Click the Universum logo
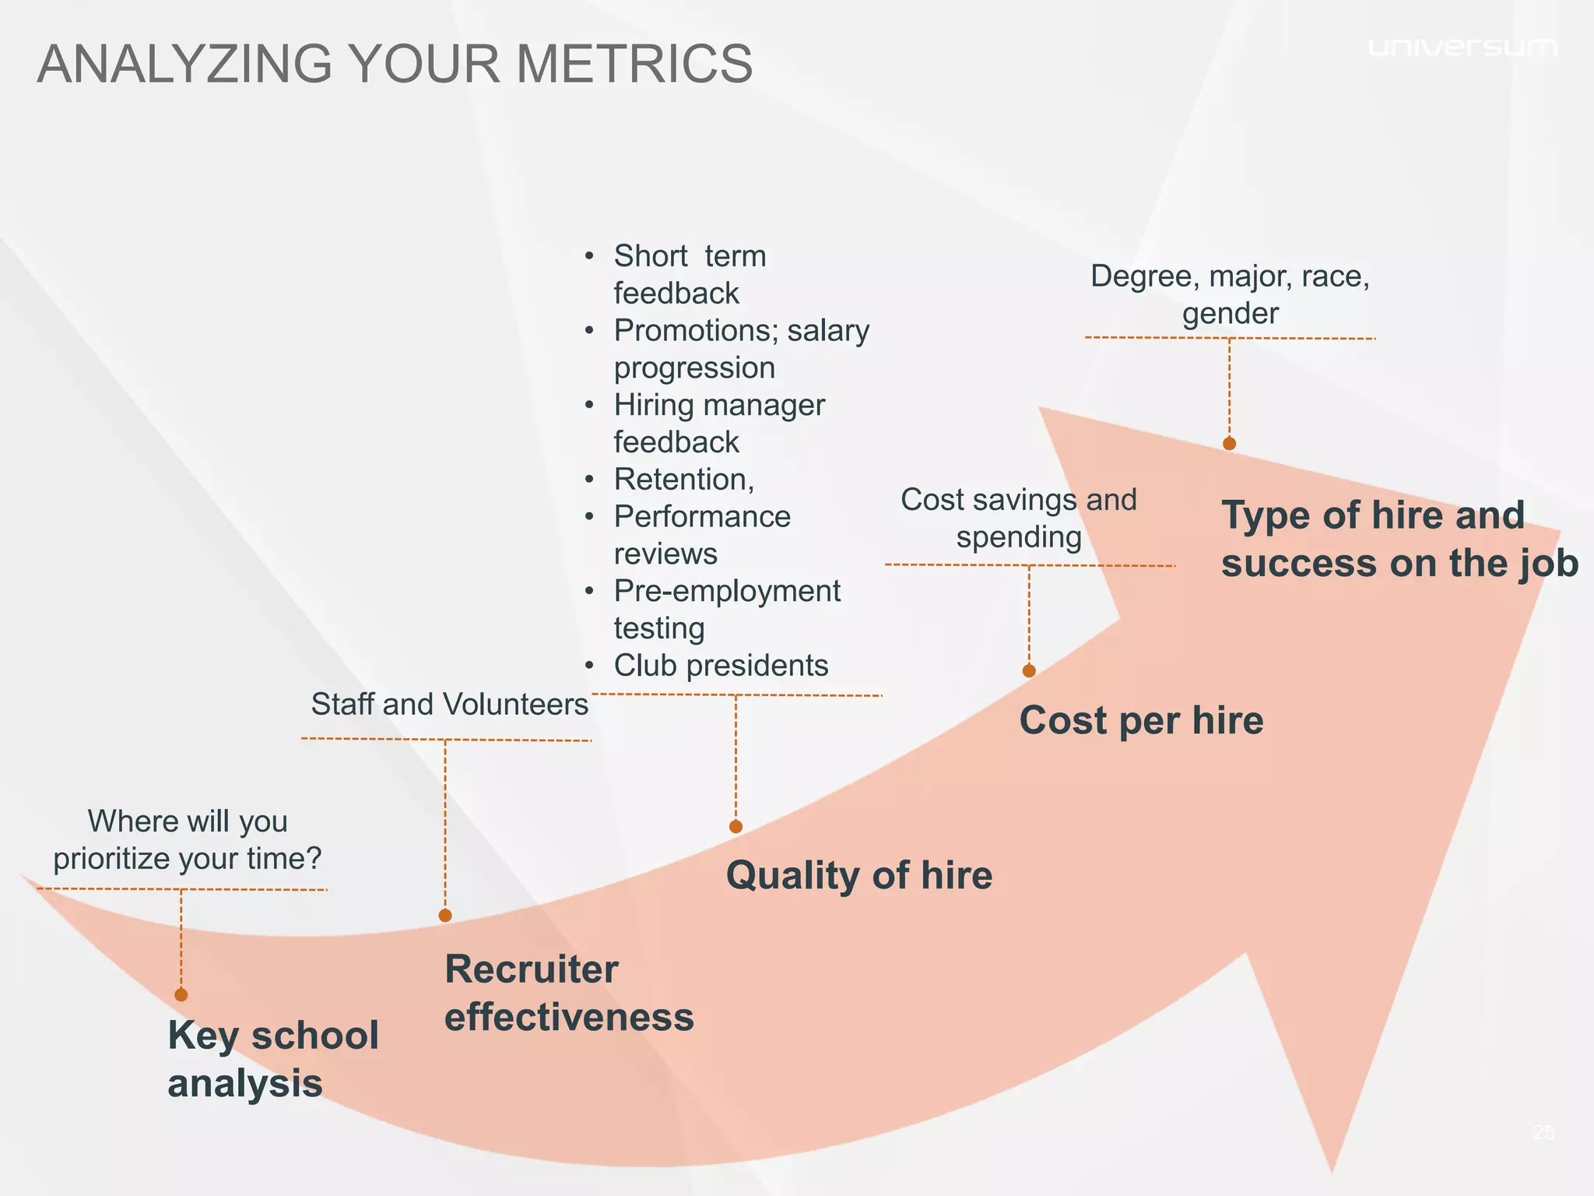[1462, 48]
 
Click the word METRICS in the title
[634, 64]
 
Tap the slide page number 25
[1543, 1132]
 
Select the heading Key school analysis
[272, 1059]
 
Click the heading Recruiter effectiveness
[568, 993]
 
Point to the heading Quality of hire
[858, 875]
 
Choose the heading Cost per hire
[1140, 720]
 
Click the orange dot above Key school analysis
[181, 994]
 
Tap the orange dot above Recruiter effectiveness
[445, 916]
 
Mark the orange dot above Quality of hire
[736, 827]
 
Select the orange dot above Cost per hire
[1029, 671]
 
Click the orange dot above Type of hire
[1229, 444]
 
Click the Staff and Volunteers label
[449, 705]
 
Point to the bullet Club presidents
[721, 666]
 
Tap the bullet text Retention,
[683, 480]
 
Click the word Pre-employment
[727, 591]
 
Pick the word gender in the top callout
[1230, 314]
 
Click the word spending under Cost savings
[1018, 537]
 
